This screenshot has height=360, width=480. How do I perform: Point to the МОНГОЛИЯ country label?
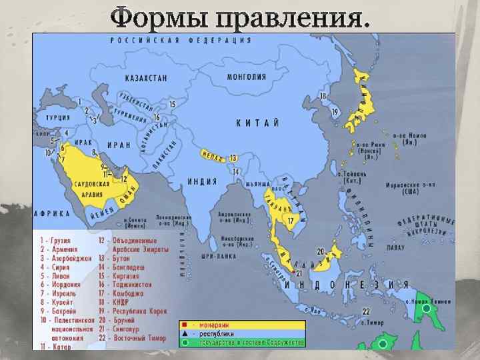click(247, 77)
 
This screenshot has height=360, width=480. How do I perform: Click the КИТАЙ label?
click(257, 122)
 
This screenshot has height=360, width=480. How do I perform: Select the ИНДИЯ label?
click(202, 181)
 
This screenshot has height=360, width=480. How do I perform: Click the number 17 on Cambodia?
click(290, 220)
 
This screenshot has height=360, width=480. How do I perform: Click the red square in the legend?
click(183, 325)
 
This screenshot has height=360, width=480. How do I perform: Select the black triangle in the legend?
click(183, 333)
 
